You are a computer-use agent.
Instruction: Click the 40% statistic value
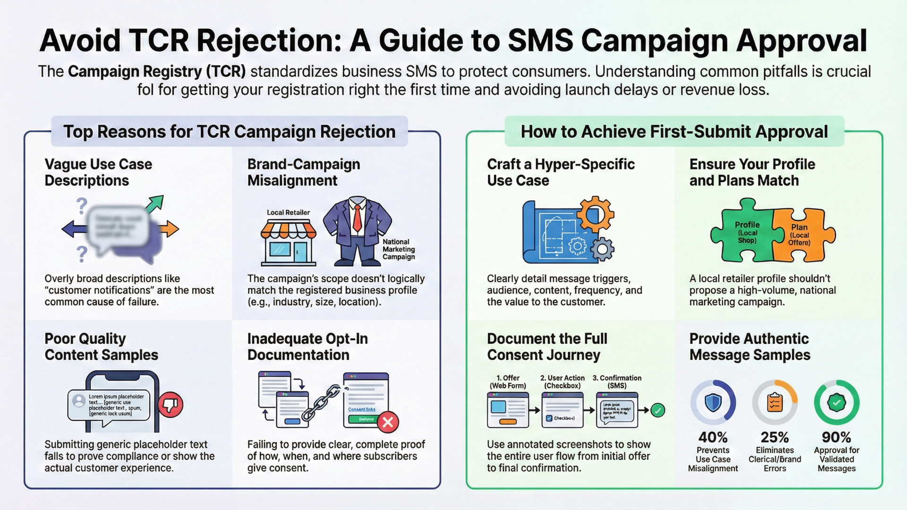click(713, 437)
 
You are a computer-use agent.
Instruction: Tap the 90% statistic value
click(836, 437)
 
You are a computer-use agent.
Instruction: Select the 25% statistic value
click(775, 437)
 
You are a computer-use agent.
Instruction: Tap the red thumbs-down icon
click(171, 405)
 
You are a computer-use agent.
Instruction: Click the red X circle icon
click(388, 422)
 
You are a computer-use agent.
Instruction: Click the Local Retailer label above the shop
click(288, 212)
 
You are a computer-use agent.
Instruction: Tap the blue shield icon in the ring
click(712, 403)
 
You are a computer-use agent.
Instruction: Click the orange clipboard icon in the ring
click(775, 403)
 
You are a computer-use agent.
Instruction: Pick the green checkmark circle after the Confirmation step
click(658, 410)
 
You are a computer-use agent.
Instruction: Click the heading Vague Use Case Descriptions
click(98, 172)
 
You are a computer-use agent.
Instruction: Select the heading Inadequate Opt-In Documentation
click(307, 347)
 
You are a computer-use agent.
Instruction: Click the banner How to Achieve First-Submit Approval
click(674, 132)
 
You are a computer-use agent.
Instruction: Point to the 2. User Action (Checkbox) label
click(562, 382)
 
